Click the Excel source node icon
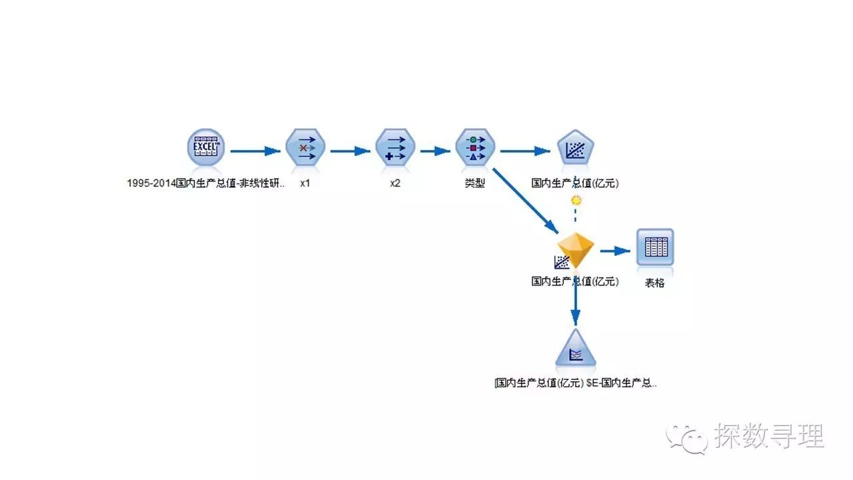[206, 147]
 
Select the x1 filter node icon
[305, 147]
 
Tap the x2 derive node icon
[395, 147]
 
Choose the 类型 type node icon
[474, 147]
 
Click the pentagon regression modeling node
[574, 149]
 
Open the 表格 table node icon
[654, 248]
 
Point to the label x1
[305, 183]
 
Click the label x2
[395, 183]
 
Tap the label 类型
[474, 183]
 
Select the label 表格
[654, 283]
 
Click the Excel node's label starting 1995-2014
[206, 183]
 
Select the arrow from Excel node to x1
[256, 151]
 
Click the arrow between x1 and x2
[350, 151]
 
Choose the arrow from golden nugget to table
[614, 251]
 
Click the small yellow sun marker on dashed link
[576, 200]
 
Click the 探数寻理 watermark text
[769, 437]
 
